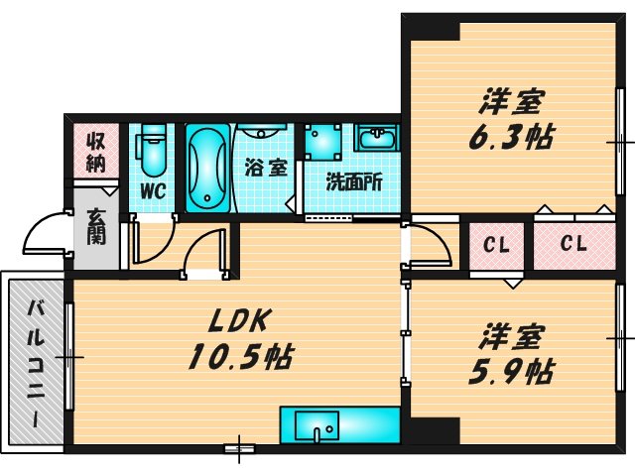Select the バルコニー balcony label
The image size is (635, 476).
[x=35, y=361]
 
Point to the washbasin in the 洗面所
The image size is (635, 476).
[x=376, y=139]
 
